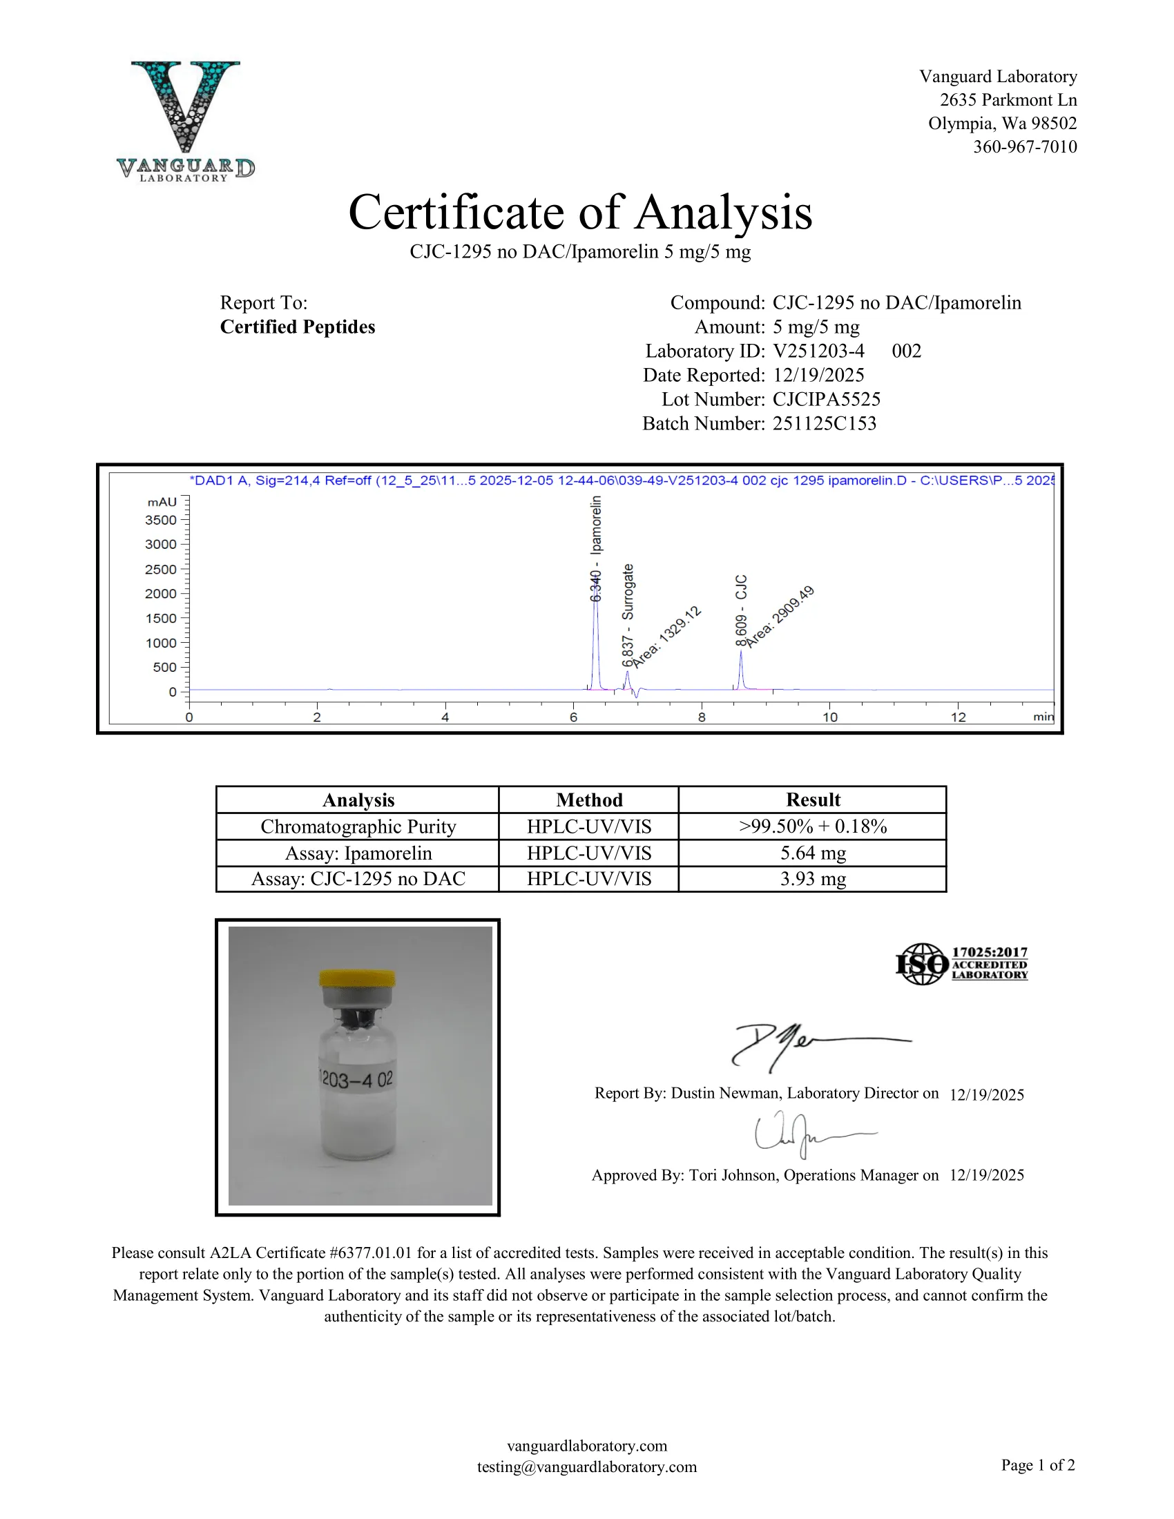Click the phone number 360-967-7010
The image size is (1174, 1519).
[1024, 147]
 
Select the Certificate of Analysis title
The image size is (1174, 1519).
[580, 212]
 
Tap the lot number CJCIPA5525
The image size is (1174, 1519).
[826, 399]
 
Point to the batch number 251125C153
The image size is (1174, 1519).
[824, 423]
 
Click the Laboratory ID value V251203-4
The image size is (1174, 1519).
[818, 351]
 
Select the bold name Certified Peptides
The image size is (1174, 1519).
[297, 327]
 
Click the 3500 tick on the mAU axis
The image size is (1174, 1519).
[161, 520]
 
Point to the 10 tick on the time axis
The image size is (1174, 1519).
[829, 717]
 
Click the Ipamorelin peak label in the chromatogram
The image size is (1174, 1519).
[596, 550]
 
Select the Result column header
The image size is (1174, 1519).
[812, 800]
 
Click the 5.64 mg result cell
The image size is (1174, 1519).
[812, 853]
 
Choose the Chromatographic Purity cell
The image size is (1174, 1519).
[358, 826]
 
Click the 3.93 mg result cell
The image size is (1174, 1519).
[812, 879]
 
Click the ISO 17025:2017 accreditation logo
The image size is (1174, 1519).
[961, 963]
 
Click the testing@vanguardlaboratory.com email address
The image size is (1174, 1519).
[586, 1467]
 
